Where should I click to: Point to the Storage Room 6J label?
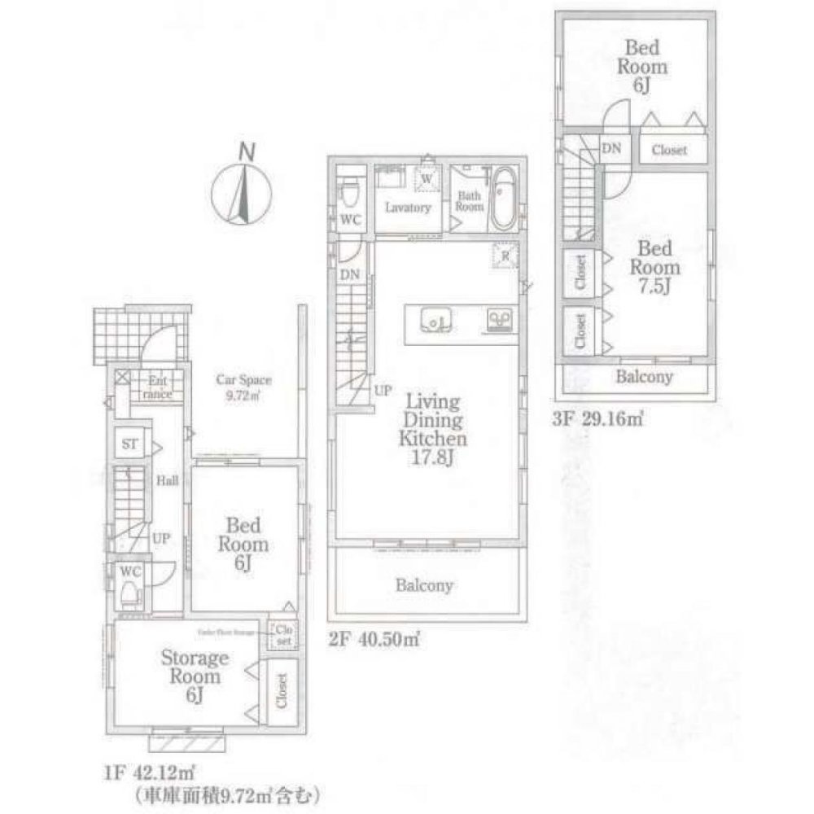193,676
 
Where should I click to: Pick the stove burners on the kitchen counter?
498,320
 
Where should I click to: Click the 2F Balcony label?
425,585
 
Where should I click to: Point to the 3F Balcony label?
644,377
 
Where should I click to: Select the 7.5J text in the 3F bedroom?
659,287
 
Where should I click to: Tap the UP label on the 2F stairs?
383,391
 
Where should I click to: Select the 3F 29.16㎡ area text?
599,421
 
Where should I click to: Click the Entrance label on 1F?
157,387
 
